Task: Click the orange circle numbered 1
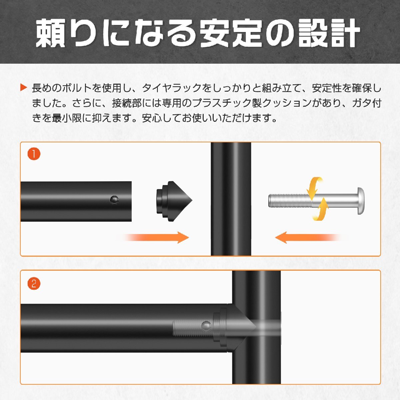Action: pyautogui.click(x=34, y=154)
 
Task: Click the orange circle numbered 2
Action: pyautogui.click(x=34, y=284)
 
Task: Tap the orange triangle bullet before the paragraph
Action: pyautogui.click(x=24, y=88)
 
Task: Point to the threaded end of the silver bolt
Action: pyautogui.click(x=290, y=201)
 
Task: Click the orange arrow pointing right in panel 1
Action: pyautogui.click(x=157, y=237)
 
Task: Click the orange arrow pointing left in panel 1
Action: pyautogui.click(x=308, y=237)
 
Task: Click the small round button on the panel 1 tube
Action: pyautogui.click(x=114, y=200)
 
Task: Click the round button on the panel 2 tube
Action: pyautogui.click(x=206, y=326)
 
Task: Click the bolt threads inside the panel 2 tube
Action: pyautogui.click(x=193, y=326)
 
